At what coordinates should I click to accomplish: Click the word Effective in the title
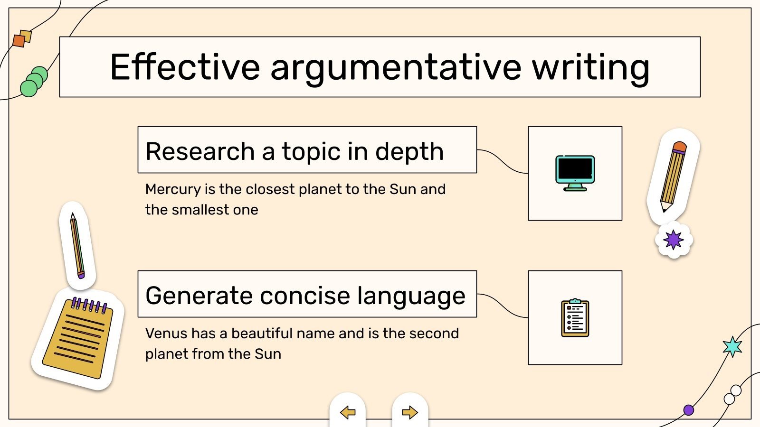coord(185,67)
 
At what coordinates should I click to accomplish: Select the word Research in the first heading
coord(200,151)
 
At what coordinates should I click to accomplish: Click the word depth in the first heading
coord(409,151)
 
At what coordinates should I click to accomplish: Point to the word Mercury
coord(173,189)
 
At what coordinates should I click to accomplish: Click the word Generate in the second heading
coord(199,296)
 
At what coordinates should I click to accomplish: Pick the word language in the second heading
coord(411,296)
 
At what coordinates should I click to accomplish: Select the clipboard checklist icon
coord(575,318)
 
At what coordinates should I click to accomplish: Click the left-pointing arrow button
coord(348,412)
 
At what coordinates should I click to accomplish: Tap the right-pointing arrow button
coord(410,412)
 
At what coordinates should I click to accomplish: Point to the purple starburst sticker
coord(674,240)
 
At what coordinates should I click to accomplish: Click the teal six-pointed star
coord(732,347)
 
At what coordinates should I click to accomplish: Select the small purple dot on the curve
coord(688,410)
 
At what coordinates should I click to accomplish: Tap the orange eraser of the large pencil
coord(680,147)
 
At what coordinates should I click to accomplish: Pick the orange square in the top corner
coord(19,41)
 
